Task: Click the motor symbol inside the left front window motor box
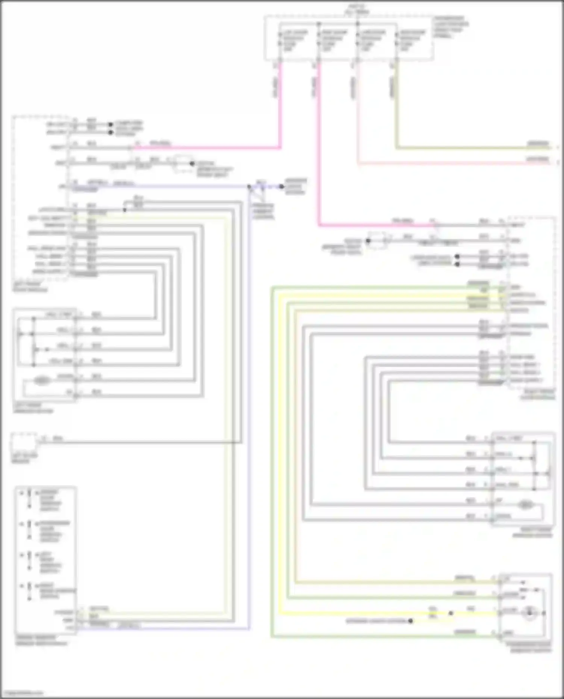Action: (x=42, y=380)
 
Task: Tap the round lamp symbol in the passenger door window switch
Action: (x=529, y=613)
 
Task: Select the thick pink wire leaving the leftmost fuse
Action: (x=280, y=105)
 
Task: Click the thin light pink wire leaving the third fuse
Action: (x=358, y=113)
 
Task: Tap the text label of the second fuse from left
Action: (x=334, y=41)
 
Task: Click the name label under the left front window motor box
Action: (x=33, y=408)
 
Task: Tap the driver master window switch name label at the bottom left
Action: (x=41, y=640)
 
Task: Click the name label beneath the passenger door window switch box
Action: (x=530, y=647)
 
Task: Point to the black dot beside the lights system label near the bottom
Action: (x=411, y=621)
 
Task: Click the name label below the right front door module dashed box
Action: (x=537, y=394)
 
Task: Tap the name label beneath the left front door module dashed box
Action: (x=30, y=287)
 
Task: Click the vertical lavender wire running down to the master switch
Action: (x=249, y=413)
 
